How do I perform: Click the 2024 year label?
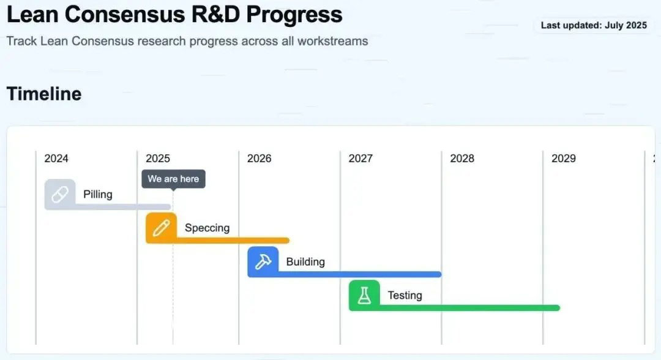[56, 159]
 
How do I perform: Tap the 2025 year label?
[158, 159]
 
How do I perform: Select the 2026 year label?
[260, 159]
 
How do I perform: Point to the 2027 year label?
[360, 159]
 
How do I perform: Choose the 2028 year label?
[462, 159]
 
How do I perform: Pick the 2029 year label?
[564, 159]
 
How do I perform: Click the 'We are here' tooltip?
[173, 179]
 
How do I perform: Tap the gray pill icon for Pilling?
[60, 194]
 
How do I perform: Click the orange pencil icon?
[162, 228]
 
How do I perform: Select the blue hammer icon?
[263, 262]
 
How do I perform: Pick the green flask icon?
[365, 296]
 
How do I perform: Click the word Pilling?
[98, 194]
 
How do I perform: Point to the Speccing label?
[207, 228]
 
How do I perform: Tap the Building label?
[305, 262]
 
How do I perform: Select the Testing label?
[405, 296]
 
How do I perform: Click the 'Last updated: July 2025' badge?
[594, 25]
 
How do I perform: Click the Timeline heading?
[44, 94]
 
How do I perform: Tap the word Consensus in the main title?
[125, 14]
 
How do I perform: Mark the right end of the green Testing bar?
[559, 308]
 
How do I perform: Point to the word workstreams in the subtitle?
[332, 41]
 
